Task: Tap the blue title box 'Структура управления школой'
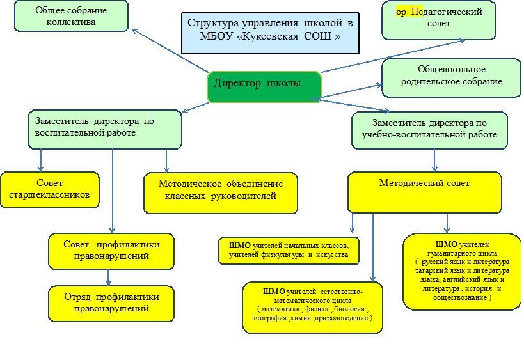click(270, 29)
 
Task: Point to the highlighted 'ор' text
click(402, 12)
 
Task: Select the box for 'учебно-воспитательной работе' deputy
click(429, 130)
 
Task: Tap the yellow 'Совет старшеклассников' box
click(50, 189)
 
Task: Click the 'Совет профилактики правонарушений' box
click(111, 251)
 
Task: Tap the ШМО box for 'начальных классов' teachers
click(288, 250)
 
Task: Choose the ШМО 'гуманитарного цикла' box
click(462, 271)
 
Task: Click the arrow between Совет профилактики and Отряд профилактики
click(109, 278)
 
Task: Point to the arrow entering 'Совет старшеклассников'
click(41, 160)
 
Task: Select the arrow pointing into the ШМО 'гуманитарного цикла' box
click(447, 223)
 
